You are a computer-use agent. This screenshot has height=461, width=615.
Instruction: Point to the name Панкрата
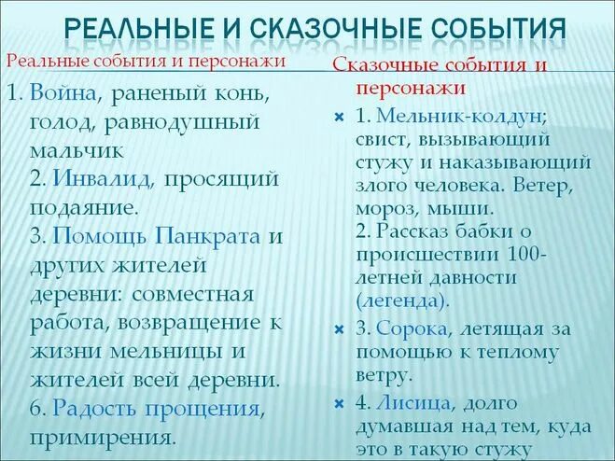coord(210,236)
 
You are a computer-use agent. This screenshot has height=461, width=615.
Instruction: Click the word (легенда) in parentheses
coord(402,300)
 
